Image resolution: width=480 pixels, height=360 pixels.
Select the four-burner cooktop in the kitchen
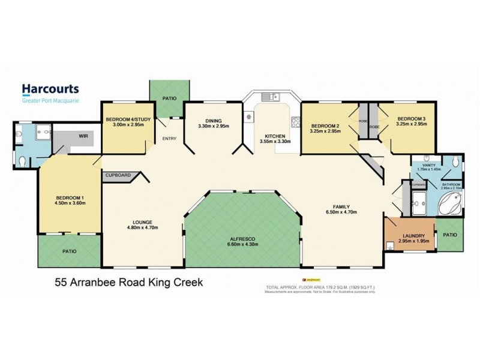coord(295,122)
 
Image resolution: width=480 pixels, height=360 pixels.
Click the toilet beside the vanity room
coord(455,162)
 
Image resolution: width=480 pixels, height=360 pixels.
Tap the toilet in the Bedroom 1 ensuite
coord(22,161)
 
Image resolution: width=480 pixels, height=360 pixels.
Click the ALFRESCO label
coord(242,237)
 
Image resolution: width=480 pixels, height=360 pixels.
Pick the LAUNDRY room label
coord(414,236)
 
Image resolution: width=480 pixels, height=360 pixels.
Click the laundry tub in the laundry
coord(391,244)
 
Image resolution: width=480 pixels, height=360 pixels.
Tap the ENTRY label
coord(169,139)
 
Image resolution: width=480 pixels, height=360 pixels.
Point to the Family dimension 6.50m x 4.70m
coord(341,212)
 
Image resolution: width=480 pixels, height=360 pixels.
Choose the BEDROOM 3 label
coord(411,119)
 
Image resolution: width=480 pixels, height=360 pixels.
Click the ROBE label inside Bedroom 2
coord(362,121)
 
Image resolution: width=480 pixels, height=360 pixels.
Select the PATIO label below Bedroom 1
coord(69,252)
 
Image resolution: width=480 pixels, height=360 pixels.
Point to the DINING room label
coord(214,120)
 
